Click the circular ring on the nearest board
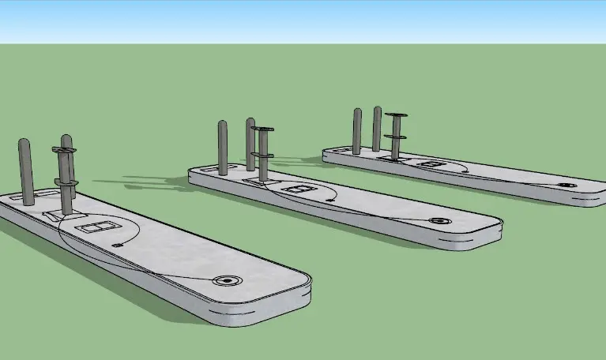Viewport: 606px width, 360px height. click(228, 280)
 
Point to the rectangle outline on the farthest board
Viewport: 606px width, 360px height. click(431, 163)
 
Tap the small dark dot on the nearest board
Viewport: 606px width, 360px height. click(119, 246)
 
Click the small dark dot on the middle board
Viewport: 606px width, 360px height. click(329, 201)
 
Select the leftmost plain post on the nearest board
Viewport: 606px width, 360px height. click(25, 172)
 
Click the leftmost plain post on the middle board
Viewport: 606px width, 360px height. click(223, 147)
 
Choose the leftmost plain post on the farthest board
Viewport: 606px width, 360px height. click(357, 131)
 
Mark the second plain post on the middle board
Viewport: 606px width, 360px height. click(250, 144)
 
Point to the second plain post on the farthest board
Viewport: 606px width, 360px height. click(377, 129)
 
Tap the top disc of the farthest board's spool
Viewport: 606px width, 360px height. click(396, 115)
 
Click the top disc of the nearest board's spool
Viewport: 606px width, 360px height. click(63, 150)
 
